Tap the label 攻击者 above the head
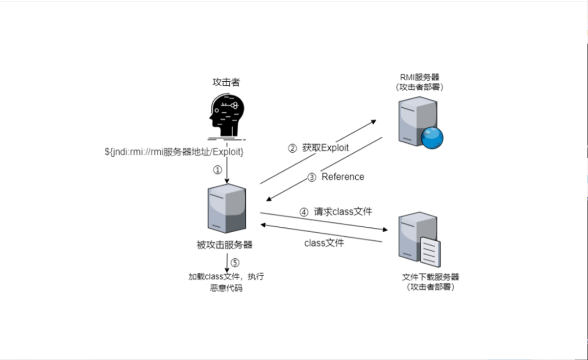[x=226, y=82]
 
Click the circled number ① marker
[x=217, y=169]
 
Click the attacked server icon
[x=226, y=210]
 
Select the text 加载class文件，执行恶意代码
[x=226, y=282]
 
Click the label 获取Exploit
[x=325, y=148]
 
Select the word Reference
[x=343, y=177]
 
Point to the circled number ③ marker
[x=312, y=177]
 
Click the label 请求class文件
[x=343, y=212]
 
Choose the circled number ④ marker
[x=304, y=213]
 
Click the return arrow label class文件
[x=324, y=243]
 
